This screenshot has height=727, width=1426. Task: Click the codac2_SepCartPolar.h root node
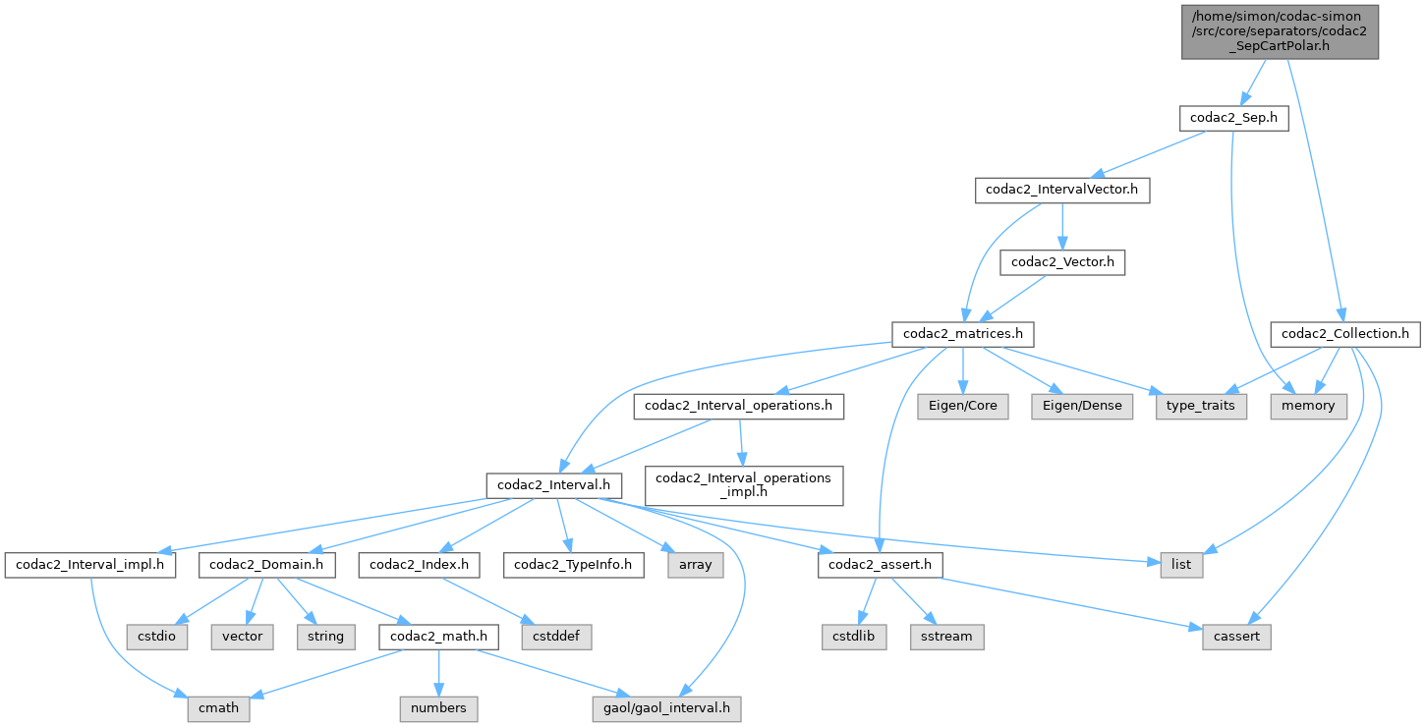1280,31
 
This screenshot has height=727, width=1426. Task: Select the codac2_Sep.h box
1233,119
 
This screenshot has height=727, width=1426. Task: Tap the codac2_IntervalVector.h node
1061,191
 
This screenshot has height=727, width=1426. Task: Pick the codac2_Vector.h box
1062,262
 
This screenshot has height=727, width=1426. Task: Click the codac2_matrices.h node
962,334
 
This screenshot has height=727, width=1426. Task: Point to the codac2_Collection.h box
1345,334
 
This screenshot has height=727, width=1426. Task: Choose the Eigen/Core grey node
962,406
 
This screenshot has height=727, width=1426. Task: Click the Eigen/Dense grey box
1082,406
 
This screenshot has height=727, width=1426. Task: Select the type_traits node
1201,406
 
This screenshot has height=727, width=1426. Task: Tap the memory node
1308,406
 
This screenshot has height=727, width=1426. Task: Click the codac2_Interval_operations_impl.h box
744,485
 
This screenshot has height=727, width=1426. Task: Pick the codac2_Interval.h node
554,485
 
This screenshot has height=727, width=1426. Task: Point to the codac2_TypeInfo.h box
573,565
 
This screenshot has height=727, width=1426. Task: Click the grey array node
695,565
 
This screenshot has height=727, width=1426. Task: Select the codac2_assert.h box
880,565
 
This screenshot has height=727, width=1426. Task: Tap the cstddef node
556,637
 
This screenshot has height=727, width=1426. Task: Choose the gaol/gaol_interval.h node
666,708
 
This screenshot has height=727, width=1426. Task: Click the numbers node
438,708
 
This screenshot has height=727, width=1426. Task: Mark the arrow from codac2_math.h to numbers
438,673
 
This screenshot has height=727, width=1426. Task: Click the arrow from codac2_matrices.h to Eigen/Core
962,370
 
